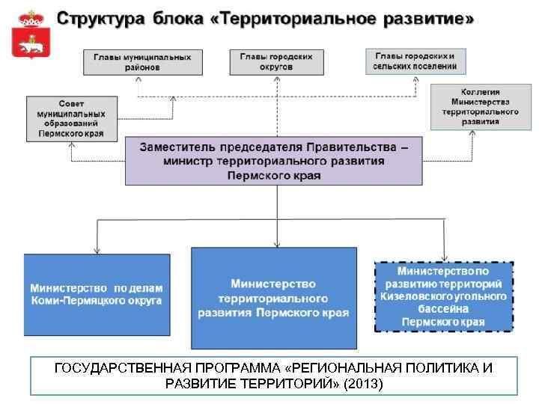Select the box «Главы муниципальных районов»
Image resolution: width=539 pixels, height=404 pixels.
click(x=142, y=61)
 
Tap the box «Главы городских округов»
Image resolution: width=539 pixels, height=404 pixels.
click(x=276, y=61)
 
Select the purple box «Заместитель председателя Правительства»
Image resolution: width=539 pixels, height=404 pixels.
click(x=275, y=161)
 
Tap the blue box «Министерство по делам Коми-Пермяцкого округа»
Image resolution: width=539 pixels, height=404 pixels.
click(x=97, y=294)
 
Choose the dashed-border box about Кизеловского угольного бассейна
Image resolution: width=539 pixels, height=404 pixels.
click(x=443, y=296)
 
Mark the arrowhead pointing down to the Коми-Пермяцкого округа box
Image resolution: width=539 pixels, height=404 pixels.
click(x=96, y=249)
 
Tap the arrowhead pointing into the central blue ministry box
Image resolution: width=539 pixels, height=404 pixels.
click(x=277, y=243)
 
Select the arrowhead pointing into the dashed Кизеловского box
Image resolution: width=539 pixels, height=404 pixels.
click(x=445, y=256)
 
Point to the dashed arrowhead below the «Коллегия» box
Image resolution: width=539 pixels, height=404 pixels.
click(x=472, y=132)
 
